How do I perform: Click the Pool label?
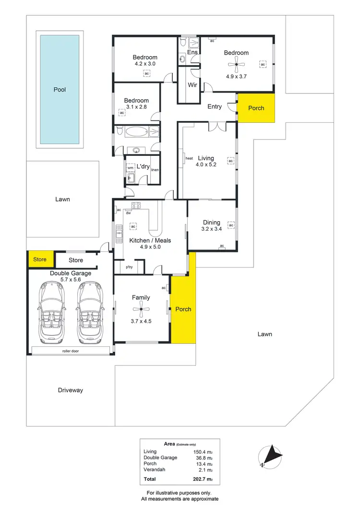click(60, 89)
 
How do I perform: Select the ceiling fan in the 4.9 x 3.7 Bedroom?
click(236, 64)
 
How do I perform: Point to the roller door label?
click(70, 351)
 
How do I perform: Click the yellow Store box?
click(40, 260)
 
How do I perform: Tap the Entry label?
click(215, 107)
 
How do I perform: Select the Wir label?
click(192, 85)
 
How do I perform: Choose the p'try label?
click(129, 267)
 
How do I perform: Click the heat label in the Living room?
click(189, 158)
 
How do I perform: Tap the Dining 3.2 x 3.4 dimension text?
click(212, 229)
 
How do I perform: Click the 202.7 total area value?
click(205, 479)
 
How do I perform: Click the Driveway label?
click(71, 390)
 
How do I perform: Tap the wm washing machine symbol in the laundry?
click(130, 168)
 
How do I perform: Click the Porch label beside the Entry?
click(256, 108)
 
